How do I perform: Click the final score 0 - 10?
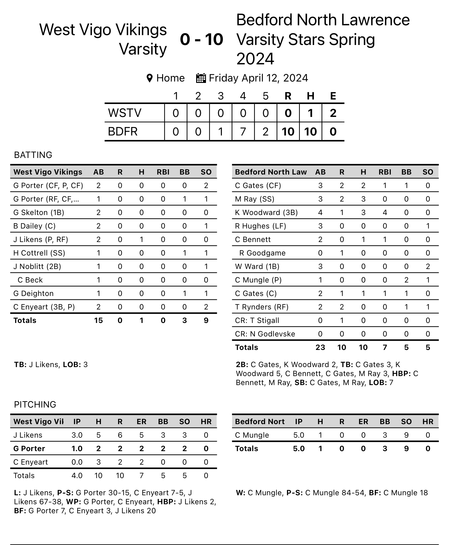[201, 39]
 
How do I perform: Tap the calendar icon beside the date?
[201, 78]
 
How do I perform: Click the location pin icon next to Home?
[149, 78]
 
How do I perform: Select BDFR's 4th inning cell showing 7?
[243, 132]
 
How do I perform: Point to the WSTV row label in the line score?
[124, 113]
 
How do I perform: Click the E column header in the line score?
[333, 96]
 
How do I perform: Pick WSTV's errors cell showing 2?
[333, 113]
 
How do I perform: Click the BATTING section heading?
[33, 155]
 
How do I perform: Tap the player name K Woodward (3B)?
[266, 212]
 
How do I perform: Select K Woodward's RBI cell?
[385, 212]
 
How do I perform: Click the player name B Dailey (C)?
[34, 226]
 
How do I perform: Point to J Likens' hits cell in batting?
[141, 239]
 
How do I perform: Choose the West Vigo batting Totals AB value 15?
[98, 320]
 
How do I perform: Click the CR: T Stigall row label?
[257, 320]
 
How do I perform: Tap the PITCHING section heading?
[35, 404]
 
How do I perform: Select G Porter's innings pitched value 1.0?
[77, 449]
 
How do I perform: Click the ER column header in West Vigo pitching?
[141, 422]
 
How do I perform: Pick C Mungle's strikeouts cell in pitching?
[406, 435]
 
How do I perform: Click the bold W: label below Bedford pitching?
[241, 493]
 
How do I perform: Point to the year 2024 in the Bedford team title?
[255, 59]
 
